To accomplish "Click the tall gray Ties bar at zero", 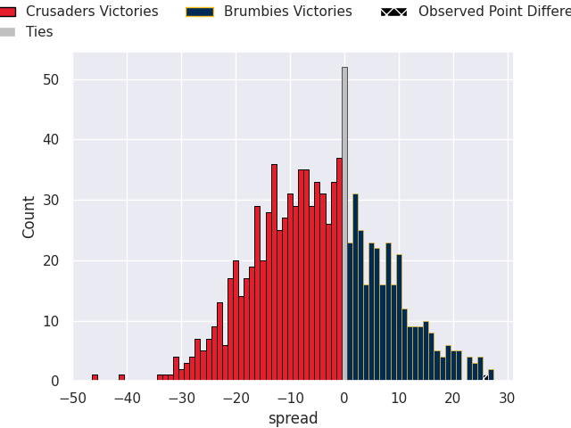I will pyautogui.click(x=344, y=223).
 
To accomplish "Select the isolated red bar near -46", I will pyautogui.click(x=95, y=377).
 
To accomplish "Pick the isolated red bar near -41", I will pyautogui.click(x=121, y=377).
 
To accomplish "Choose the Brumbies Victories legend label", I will pyautogui.click(x=287, y=12).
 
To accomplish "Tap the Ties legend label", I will pyautogui.click(x=39, y=32).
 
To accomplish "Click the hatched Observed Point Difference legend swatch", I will pyautogui.click(x=393, y=12).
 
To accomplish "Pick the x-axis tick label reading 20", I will pyautogui.click(x=453, y=399).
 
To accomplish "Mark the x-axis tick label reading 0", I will pyautogui.click(x=344, y=399).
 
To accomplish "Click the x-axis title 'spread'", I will pyautogui.click(x=293, y=418).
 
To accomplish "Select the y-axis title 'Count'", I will pyautogui.click(x=29, y=217).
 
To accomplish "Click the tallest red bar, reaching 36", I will pyautogui.click(x=274, y=272).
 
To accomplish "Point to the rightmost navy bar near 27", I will pyautogui.click(x=491, y=375).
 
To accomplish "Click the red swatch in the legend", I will pyautogui.click(x=7, y=12).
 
